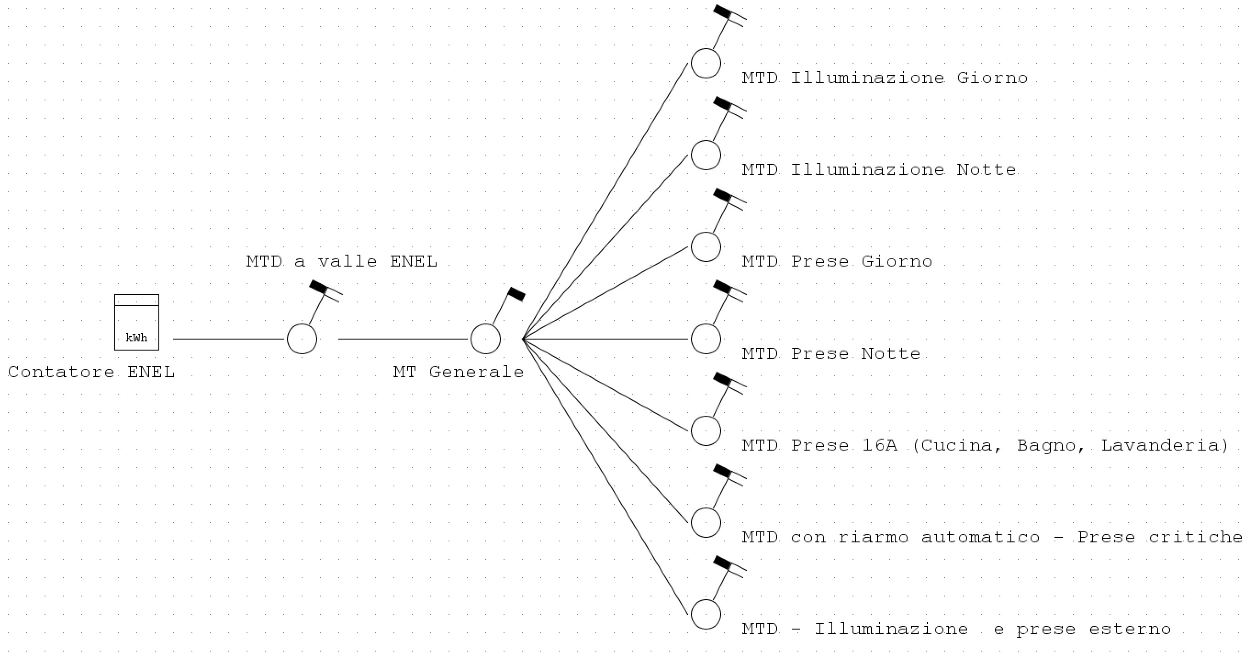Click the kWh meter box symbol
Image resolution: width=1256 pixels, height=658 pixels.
[x=136, y=322]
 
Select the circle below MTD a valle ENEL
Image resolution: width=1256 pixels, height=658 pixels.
[x=302, y=339]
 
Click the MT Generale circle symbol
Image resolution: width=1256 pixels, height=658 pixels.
[x=486, y=339]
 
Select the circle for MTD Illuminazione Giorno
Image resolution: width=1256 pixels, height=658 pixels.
[x=706, y=63]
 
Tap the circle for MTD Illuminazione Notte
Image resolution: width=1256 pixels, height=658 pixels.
[x=706, y=155]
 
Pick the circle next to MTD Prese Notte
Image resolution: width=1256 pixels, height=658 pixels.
[x=706, y=339]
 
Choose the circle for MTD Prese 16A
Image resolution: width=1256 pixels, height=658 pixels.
[x=706, y=431]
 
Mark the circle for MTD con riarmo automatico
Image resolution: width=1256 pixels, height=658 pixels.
[x=706, y=523]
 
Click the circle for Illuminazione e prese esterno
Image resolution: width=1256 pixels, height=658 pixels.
[x=706, y=614]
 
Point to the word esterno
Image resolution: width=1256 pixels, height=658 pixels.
[x=1130, y=629]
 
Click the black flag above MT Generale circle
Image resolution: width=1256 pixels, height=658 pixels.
[x=517, y=295]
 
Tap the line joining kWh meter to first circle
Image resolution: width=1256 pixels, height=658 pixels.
[x=229, y=339]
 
